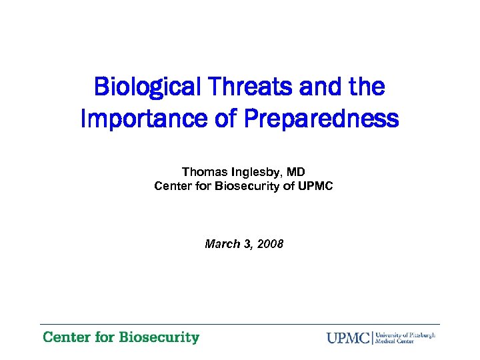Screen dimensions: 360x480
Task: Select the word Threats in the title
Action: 241,87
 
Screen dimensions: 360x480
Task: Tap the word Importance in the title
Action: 135,119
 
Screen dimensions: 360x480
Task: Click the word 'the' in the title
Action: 365,87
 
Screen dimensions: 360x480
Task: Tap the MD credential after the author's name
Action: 296,172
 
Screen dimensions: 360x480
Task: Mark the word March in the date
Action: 221,244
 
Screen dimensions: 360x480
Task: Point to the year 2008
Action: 271,244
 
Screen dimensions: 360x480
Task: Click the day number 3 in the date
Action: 247,244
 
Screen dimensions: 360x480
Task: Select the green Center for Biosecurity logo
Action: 121,337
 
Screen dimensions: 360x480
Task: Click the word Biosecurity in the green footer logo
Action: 159,337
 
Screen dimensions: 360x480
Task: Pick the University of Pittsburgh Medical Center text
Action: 405,337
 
